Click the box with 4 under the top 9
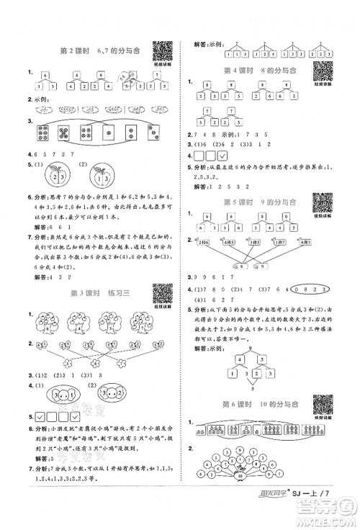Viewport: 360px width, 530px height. point(230,372)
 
